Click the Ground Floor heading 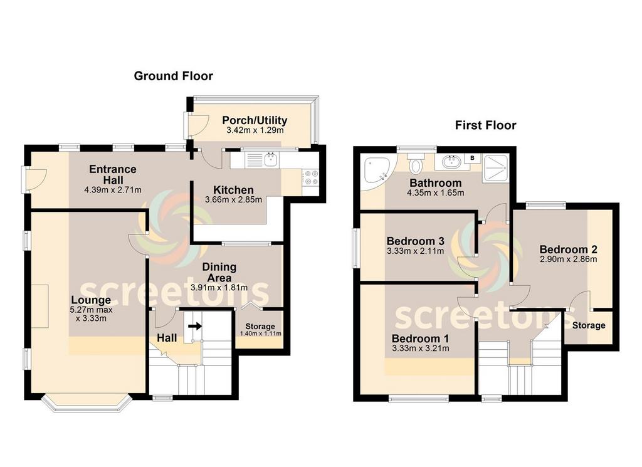[173, 76]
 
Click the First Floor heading [486, 125]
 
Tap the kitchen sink [271, 160]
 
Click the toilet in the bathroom [416, 163]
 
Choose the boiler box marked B [472, 158]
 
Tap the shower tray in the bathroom [495, 168]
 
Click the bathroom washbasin [450, 162]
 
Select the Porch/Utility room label [255, 120]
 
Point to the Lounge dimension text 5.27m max [92, 310]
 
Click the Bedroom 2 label [568, 249]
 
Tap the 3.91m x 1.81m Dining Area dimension [219, 287]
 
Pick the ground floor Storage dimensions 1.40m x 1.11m [260, 333]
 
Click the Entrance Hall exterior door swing [35, 179]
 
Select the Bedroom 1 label [420, 338]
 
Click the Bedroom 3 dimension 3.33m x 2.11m [415, 251]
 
